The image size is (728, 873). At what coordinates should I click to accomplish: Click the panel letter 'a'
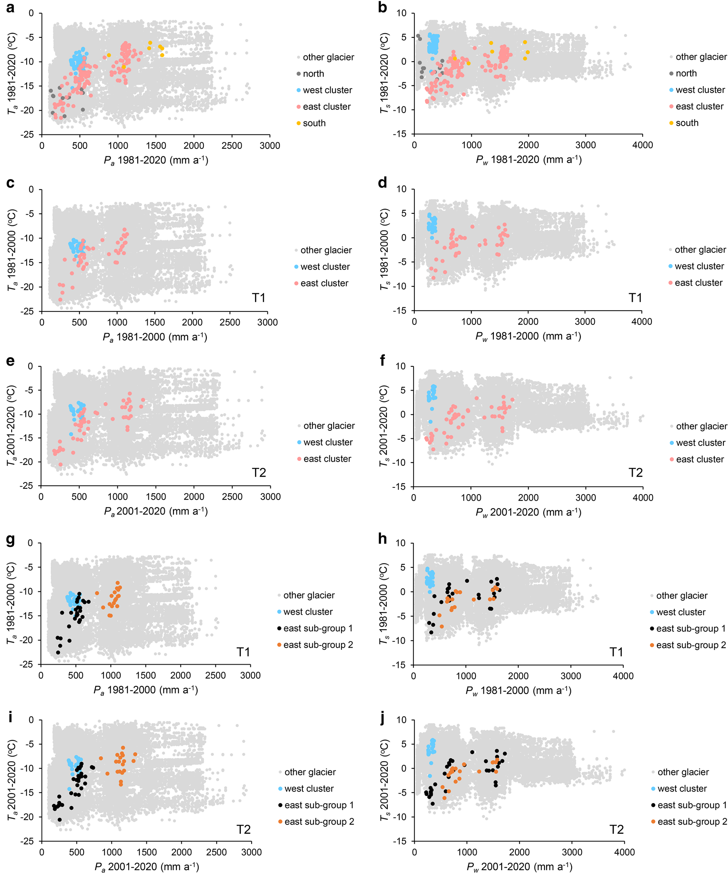(10, 8)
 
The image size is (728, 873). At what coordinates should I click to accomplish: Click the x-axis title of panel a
(156, 160)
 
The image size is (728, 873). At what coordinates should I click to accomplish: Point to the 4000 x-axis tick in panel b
(642, 145)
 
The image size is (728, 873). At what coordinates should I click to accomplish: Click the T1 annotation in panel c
(258, 297)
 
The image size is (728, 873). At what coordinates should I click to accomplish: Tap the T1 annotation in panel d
(635, 297)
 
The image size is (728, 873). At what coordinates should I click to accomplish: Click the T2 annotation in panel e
(258, 472)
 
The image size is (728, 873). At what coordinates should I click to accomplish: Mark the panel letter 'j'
(382, 718)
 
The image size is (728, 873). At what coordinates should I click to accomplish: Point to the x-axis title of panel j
(519, 866)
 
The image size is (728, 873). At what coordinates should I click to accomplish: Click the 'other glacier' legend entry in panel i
(310, 772)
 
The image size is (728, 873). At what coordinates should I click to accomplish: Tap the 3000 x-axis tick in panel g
(250, 675)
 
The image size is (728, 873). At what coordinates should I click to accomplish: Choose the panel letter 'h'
(382, 539)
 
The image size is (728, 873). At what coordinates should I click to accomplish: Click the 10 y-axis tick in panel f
(401, 366)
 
